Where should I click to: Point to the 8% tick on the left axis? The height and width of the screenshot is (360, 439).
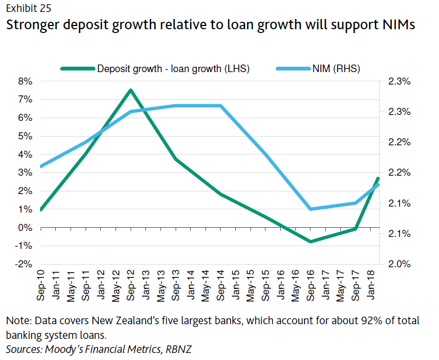(25, 81)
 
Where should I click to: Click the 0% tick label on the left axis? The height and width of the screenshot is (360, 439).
(25, 228)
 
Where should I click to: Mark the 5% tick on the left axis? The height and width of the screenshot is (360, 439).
(25, 136)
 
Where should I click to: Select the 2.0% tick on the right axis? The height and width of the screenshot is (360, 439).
(399, 265)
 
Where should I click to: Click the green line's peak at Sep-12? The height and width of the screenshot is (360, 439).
(131, 90)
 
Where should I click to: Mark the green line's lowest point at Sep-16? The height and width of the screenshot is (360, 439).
(311, 241)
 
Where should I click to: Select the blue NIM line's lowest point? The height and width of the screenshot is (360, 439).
(311, 209)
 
